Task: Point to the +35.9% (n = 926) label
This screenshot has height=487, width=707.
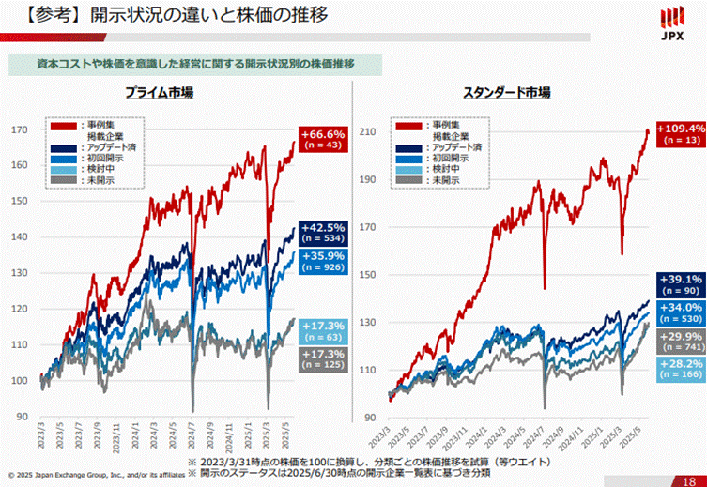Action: (x=322, y=262)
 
